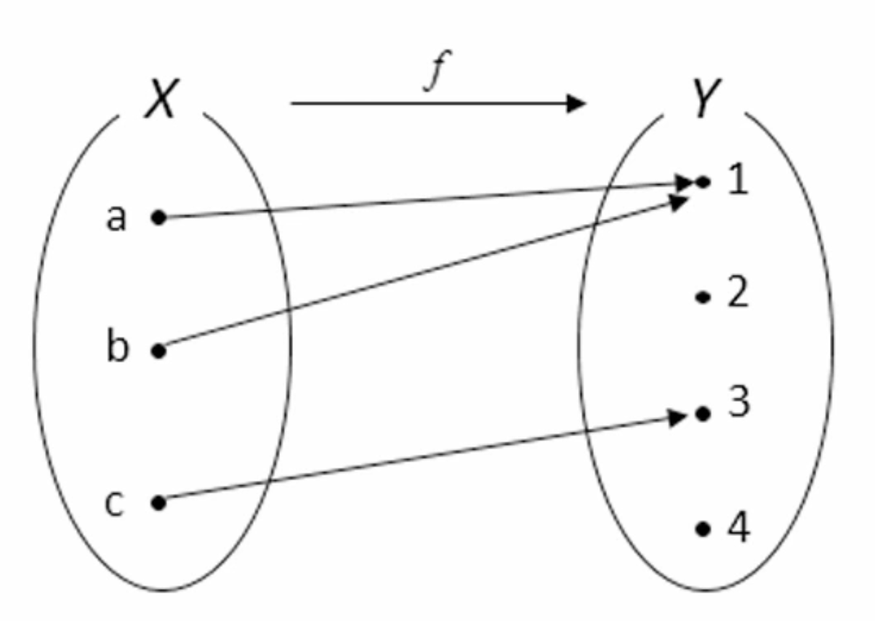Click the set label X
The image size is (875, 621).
[160, 100]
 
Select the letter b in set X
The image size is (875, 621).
[118, 347]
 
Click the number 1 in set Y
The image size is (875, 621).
[738, 180]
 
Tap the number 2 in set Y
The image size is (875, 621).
[738, 294]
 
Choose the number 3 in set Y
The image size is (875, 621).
[738, 401]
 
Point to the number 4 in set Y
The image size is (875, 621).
[738, 529]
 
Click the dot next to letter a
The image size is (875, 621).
[158, 217]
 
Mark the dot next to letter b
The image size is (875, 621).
[159, 351]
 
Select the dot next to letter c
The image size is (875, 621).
[158, 502]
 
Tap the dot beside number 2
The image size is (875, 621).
[702, 297]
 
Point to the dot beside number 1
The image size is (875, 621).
[702, 182]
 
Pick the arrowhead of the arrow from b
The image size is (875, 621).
[680, 203]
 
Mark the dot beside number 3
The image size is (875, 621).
[702, 414]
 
